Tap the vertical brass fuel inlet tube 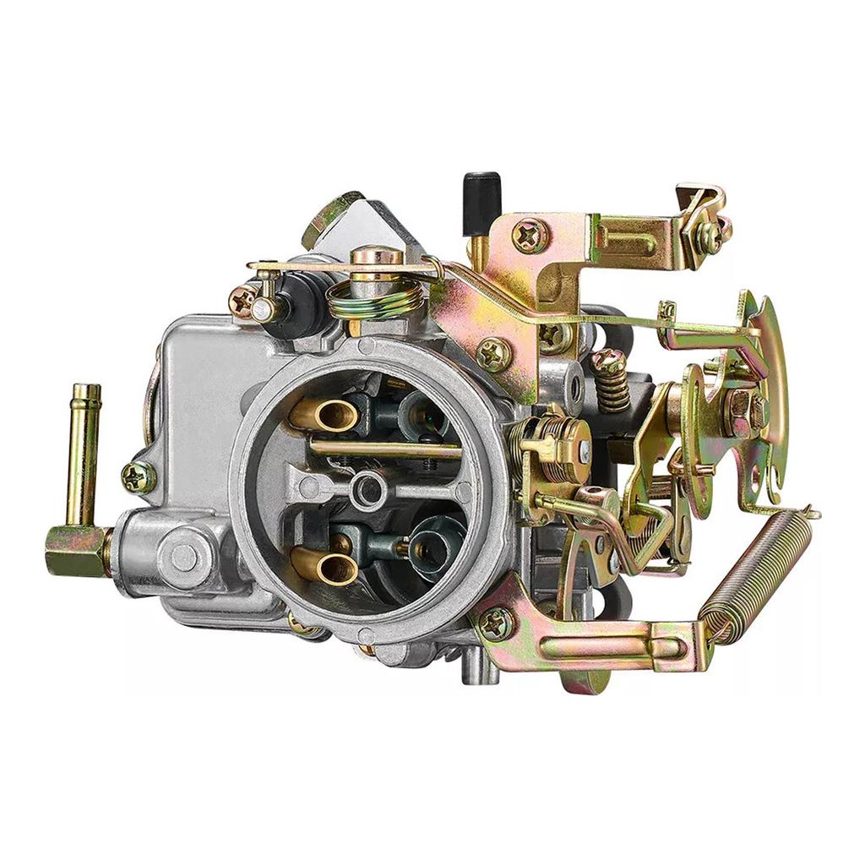(x=84, y=452)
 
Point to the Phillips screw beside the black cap (x=530, y=236)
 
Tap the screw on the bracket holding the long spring (x=496, y=623)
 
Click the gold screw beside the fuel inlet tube (x=138, y=477)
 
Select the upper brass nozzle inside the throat (x=324, y=414)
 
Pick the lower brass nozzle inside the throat (x=324, y=564)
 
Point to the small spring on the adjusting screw (x=612, y=384)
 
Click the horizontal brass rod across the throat (x=384, y=447)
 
